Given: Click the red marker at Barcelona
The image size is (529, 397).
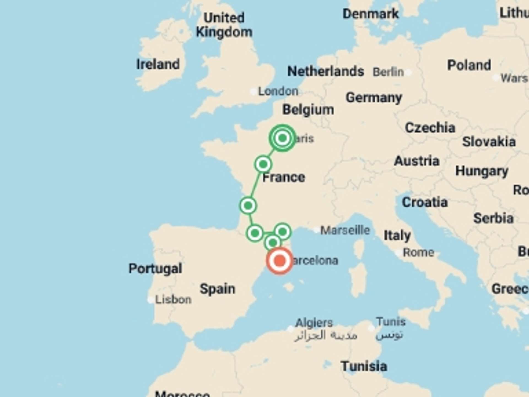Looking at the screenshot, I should pos(279,261).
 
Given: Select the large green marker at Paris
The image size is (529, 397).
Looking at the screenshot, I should pos(282,138).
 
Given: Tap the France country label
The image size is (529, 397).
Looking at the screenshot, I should pos(284,177).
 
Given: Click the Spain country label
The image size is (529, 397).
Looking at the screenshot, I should pos(217,289).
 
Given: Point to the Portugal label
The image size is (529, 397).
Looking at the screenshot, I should pos(155,268).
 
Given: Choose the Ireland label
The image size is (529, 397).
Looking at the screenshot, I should pos(158,64).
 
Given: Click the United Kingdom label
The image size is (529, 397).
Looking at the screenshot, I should pos(224,25).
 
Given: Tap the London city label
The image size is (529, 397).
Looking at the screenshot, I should pos(278,91).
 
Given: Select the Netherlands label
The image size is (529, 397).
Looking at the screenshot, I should pos(325,71).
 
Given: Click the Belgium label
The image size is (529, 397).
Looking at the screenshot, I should pos(308,110).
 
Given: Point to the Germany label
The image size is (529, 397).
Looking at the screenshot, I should pos(374,98).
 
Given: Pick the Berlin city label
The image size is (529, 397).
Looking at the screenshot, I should pos(388,72).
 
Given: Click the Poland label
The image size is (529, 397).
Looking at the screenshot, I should pos(469,65).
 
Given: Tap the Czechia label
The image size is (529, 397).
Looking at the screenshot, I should pos(430,128).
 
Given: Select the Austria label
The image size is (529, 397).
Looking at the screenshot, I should pos(416,161).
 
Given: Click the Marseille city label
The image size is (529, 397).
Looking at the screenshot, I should pos(345,230).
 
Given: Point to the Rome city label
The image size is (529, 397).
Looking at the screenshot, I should pos(418,252).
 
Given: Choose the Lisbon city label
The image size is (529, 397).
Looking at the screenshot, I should pos(173,299).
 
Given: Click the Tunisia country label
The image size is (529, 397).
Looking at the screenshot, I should pos(364,366).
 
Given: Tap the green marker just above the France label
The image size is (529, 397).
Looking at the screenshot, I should pos(263,164).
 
